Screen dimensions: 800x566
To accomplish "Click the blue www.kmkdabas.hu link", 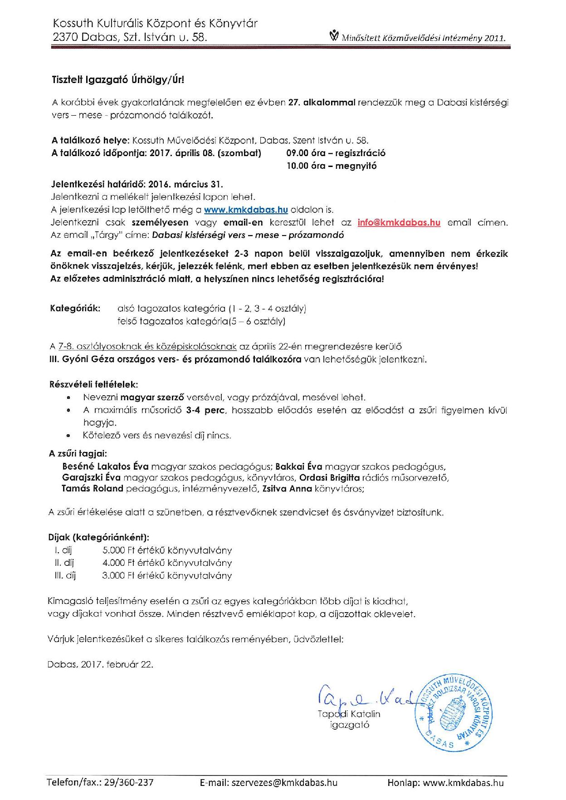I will pyautogui.click(x=246, y=210).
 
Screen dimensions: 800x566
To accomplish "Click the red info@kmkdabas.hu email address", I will pyautogui.click(x=399, y=222).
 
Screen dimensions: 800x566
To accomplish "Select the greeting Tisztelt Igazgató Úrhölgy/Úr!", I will pyautogui.click(x=117, y=80).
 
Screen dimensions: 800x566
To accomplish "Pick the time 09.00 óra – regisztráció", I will pyautogui.click(x=336, y=153).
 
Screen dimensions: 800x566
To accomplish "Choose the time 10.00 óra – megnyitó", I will pyautogui.click(x=331, y=166).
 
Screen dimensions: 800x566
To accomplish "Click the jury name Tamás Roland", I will pyautogui.click(x=93, y=489).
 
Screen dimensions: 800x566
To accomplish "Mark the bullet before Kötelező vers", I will pyautogui.click(x=68, y=436).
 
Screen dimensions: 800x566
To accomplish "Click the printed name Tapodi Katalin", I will pyautogui.click(x=349, y=714).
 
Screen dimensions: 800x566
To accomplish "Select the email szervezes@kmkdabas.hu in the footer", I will pyautogui.click(x=285, y=783).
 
